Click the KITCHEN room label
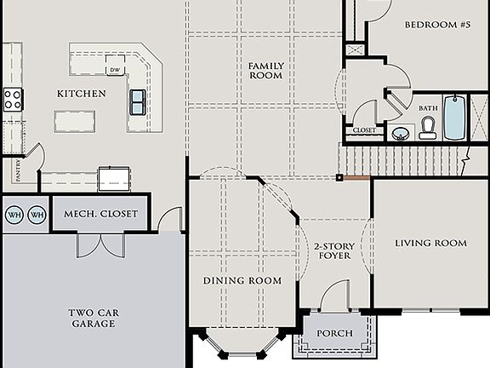click(x=82, y=93)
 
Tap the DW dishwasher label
click(x=114, y=70)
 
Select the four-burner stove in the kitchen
click(x=13, y=99)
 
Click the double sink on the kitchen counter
click(x=137, y=101)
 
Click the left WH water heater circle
click(x=14, y=215)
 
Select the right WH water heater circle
click(x=37, y=215)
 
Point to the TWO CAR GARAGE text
click(x=94, y=318)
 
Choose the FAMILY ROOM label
click(x=265, y=70)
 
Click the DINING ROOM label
click(x=242, y=280)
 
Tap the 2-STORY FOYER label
click(x=334, y=250)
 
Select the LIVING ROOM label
click(x=430, y=243)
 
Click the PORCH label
click(x=334, y=333)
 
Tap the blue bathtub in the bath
click(x=455, y=118)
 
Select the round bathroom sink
click(x=399, y=132)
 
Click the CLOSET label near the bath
click(x=363, y=130)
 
